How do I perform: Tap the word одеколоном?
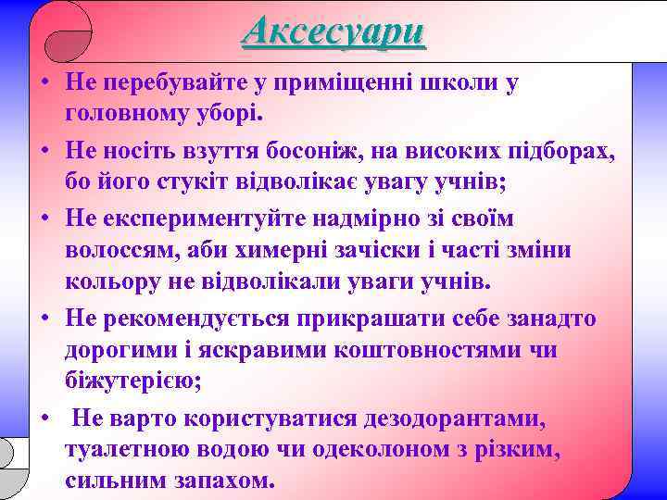pos(390,450)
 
